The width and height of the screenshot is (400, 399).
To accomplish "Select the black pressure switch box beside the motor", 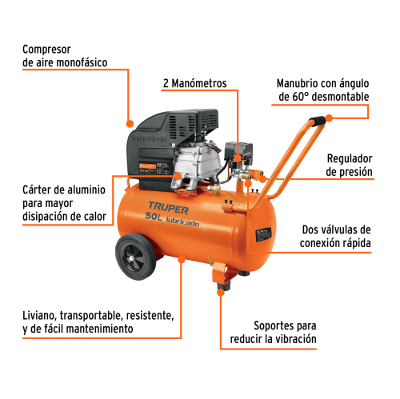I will pyautogui.click(x=237, y=150).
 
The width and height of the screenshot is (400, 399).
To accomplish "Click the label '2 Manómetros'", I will pyautogui.click(x=194, y=83).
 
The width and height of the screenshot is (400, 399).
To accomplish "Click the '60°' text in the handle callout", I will pyautogui.click(x=305, y=97).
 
